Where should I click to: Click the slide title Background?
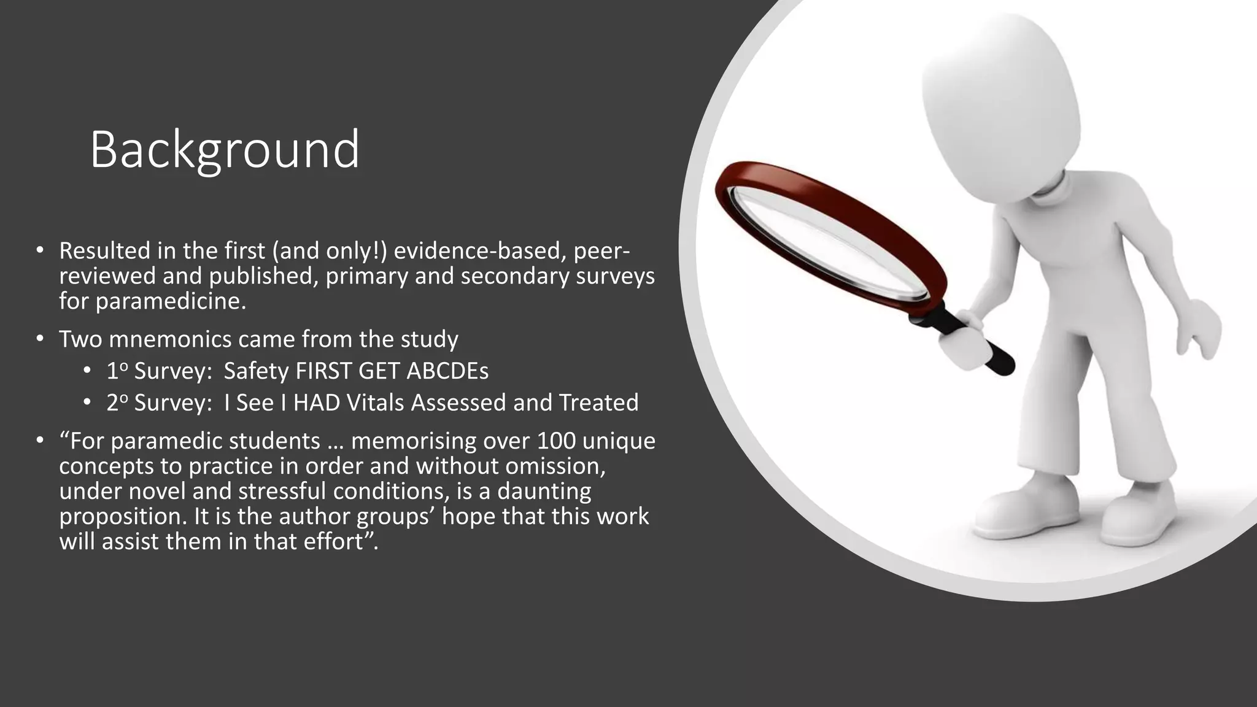point(225,150)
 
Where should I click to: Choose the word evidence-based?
point(481,251)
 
